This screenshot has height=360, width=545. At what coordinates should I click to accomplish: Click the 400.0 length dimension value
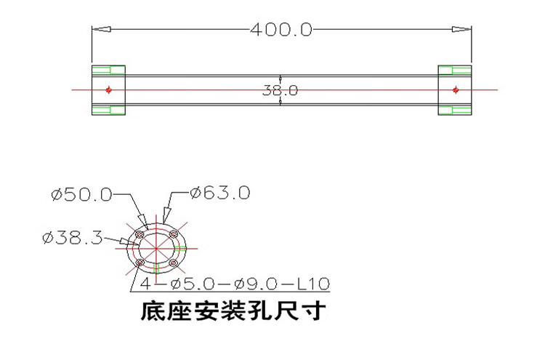coord(280,30)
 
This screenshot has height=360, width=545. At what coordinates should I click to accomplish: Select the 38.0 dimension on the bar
coord(280,91)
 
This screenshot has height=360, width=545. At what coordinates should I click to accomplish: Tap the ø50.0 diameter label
coord(81,194)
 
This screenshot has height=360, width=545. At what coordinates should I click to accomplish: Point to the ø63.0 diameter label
coord(220,193)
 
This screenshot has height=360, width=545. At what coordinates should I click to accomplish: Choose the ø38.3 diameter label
coord(72,238)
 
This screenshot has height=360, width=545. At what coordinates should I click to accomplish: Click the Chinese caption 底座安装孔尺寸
coord(232,312)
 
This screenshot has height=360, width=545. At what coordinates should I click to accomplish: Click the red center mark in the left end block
coord(108,90)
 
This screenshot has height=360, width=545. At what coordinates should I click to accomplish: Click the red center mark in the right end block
coord(455,90)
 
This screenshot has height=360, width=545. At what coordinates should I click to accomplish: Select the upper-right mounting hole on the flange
coord(174,234)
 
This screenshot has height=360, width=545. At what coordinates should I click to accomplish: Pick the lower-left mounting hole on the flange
coord(141,263)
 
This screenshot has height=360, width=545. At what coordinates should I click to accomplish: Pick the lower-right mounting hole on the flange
coord(174,263)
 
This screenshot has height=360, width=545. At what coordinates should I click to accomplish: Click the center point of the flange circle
coord(157,248)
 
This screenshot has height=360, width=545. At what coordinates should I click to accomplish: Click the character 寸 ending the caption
coord(315,312)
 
